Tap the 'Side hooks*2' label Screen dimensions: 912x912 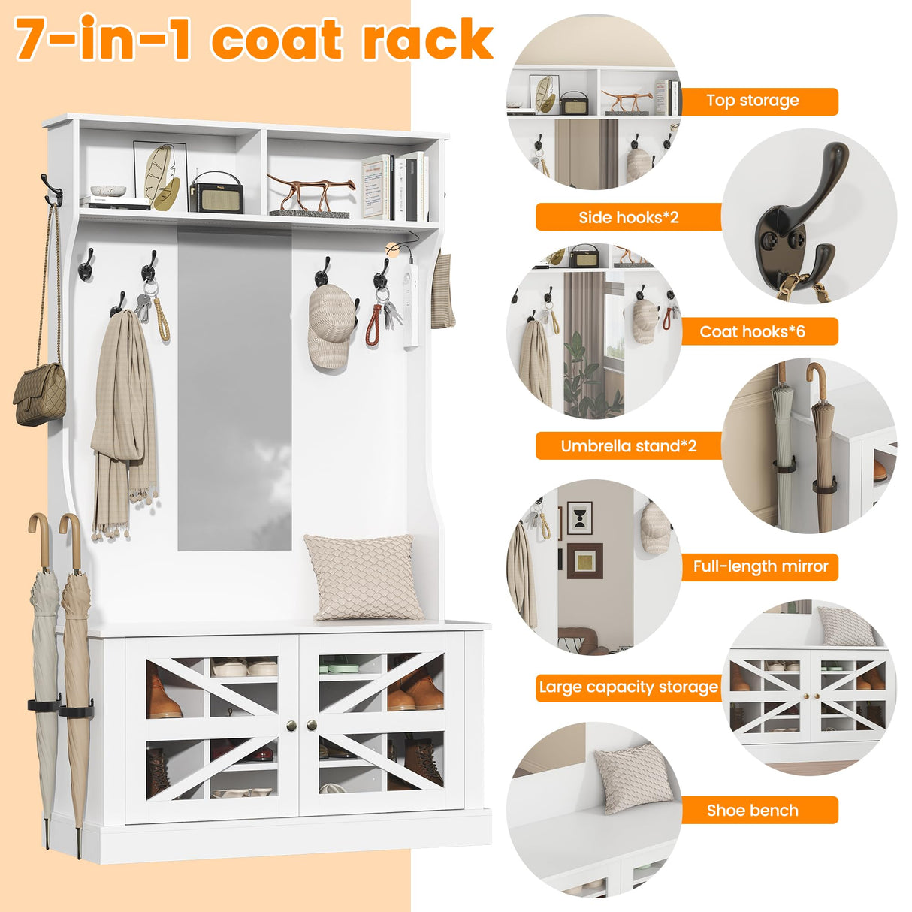pyautogui.click(x=629, y=217)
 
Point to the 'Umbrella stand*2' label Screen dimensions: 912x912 pyautogui.click(x=629, y=445)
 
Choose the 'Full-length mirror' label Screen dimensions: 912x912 pyautogui.click(x=759, y=566)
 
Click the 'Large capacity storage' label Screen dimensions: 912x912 pyautogui.click(x=629, y=687)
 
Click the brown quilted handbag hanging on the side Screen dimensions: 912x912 pyautogui.click(x=40, y=394)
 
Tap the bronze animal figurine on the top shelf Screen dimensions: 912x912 pyautogui.click(x=312, y=192)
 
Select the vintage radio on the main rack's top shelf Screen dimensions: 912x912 pyautogui.click(x=217, y=193)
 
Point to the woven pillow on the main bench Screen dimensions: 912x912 pyautogui.click(x=364, y=577)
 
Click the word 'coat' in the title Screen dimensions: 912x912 pyautogui.click(x=276, y=41)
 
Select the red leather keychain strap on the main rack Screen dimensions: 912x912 pyautogui.click(x=374, y=325)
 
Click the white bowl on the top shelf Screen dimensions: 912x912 pyautogui.click(x=108, y=191)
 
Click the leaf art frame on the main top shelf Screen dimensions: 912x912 pyautogui.click(x=161, y=176)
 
